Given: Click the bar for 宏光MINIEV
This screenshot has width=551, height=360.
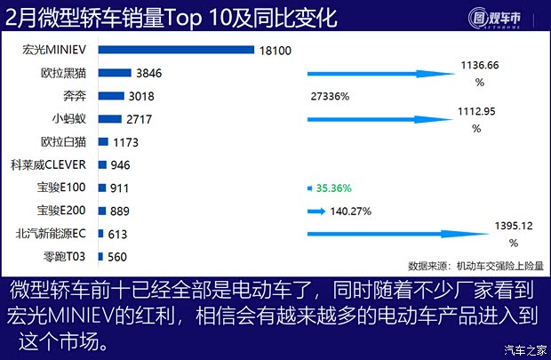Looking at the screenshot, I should (177, 50).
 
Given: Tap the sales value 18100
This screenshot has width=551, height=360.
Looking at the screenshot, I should (275, 51).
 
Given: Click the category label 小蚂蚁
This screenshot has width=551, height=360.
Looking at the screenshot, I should (69, 118).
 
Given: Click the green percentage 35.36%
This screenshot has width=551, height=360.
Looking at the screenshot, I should (333, 188).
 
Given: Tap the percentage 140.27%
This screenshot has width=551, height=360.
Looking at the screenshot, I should (350, 212).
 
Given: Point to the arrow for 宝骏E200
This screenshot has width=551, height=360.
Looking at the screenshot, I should (316, 212).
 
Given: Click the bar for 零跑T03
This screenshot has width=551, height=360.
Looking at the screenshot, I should (102, 258).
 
